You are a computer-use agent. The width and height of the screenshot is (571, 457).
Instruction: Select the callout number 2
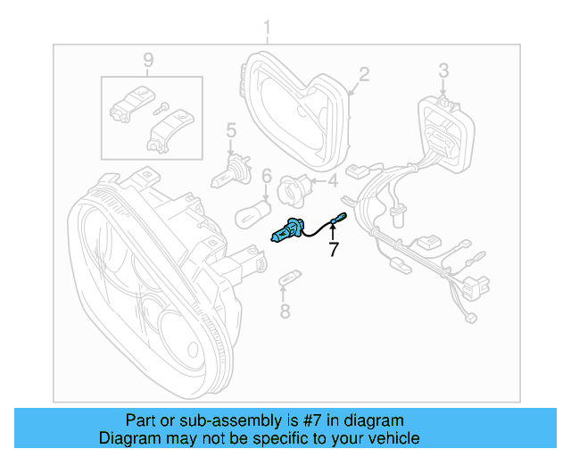click(x=364, y=73)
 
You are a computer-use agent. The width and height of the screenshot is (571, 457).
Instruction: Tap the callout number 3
click(x=443, y=70)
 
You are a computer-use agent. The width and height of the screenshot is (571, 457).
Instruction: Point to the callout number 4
click(x=333, y=181)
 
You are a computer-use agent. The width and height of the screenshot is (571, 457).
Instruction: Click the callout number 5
click(x=229, y=132)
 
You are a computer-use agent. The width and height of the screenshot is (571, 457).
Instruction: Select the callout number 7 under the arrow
click(x=334, y=250)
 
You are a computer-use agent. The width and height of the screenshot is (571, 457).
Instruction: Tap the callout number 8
click(x=285, y=312)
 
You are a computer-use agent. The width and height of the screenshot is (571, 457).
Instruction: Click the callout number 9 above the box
click(x=148, y=60)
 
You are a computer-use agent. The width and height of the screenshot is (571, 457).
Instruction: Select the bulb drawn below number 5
click(x=224, y=176)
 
